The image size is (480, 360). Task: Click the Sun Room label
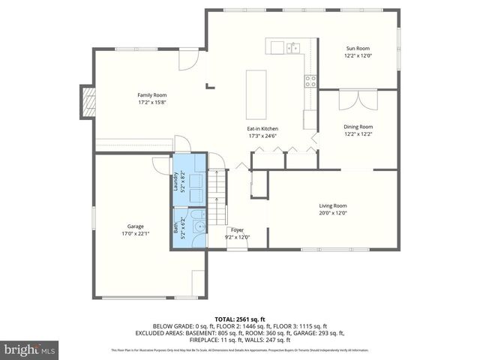tap(358, 47)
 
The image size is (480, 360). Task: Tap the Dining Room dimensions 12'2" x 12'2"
tap(358, 134)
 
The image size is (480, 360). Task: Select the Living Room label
tap(332, 205)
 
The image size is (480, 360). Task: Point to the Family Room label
tap(151, 94)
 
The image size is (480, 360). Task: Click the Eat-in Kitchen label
tap(262, 128)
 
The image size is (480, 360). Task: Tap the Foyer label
tap(237, 230)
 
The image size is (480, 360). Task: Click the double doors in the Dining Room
tap(357, 100)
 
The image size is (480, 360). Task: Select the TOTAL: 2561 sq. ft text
tap(239, 319)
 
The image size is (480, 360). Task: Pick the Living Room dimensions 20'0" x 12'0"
tap(332, 212)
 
